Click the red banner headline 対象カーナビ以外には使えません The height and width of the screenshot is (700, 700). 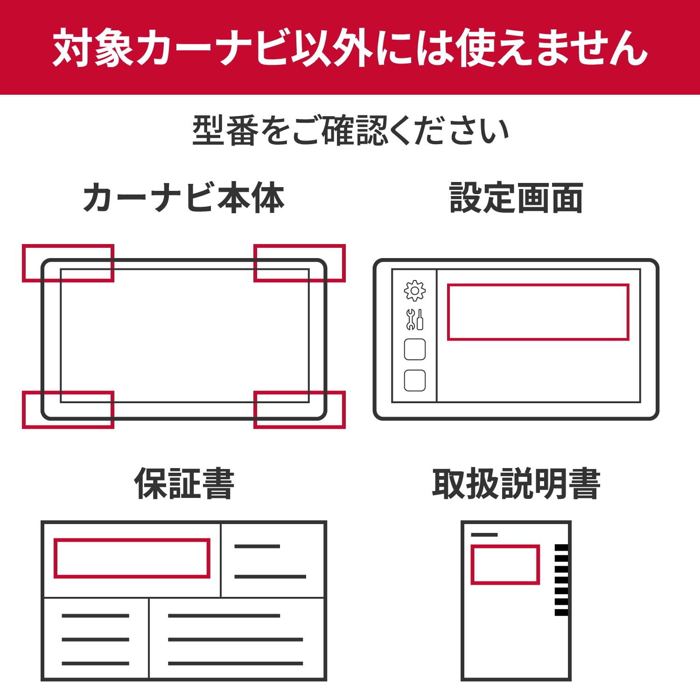click(x=350, y=48)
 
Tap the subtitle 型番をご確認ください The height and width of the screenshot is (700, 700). click(x=350, y=131)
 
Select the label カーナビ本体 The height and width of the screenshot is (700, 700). click(x=183, y=198)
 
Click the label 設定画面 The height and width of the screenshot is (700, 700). click(x=516, y=198)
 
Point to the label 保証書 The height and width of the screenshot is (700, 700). click(x=184, y=484)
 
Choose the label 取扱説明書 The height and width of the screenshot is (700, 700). click(x=516, y=484)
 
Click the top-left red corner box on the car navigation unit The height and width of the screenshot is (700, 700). click(x=68, y=263)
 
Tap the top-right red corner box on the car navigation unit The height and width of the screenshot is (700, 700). click(x=300, y=263)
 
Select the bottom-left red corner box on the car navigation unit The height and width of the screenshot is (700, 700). click(x=68, y=410)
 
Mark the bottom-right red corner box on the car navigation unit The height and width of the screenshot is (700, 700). click(x=300, y=410)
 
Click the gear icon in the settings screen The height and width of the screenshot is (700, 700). click(x=414, y=291)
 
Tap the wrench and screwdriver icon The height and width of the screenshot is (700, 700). click(x=414, y=320)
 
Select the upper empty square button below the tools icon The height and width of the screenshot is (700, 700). click(x=414, y=350)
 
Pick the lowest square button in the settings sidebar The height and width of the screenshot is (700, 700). click(x=414, y=380)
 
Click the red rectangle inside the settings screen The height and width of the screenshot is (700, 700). click(x=538, y=312)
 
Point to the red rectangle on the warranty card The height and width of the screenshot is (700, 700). click(x=132, y=558)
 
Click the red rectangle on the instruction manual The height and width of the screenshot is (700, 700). click(x=505, y=564)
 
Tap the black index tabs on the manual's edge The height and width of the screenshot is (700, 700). click(x=561, y=580)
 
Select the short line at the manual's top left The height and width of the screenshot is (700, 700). click(x=484, y=535)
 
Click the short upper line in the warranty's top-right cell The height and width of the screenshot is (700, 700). click(x=257, y=546)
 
